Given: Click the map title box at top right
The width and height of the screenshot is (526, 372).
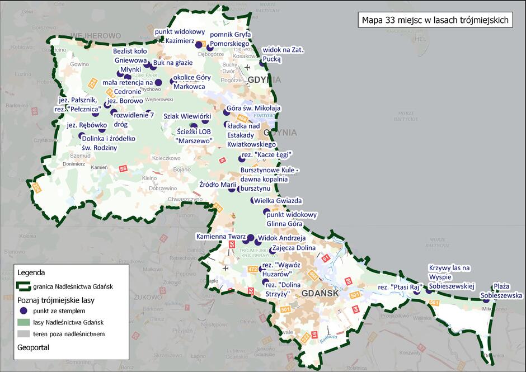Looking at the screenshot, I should click(x=435, y=20).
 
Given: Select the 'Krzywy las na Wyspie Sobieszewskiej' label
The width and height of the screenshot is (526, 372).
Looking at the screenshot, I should click(x=451, y=277).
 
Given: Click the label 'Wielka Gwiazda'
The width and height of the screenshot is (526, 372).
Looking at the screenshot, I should click(x=278, y=200).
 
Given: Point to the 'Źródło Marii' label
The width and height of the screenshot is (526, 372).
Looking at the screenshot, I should click(x=218, y=185).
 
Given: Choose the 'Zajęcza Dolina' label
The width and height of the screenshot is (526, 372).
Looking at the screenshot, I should click(x=294, y=248).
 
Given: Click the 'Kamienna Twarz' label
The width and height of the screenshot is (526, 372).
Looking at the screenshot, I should click(x=220, y=237).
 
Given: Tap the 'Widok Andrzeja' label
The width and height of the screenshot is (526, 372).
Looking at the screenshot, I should click(x=281, y=237).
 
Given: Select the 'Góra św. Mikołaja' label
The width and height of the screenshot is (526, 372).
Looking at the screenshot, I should click(x=253, y=109).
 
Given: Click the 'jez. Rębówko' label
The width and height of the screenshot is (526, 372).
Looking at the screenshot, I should click(x=87, y=125).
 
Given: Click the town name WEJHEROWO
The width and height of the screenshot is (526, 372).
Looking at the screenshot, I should click(x=96, y=35).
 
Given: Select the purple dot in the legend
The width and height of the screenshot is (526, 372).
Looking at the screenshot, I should click(x=23, y=310).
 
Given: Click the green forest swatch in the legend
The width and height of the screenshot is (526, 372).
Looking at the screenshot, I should click(x=23, y=322).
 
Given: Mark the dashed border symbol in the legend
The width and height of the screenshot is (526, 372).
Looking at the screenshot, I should click(x=23, y=286).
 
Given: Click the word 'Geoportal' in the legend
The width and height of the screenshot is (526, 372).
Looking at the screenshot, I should click(x=34, y=347).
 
